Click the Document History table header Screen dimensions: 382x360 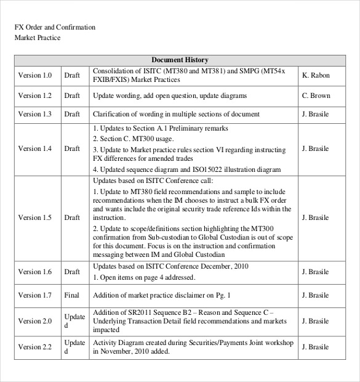pyautogui.click(x=180, y=60)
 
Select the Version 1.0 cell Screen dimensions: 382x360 pyautogui.click(x=35, y=76)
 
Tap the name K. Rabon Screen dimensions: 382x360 pyautogui.click(x=316, y=76)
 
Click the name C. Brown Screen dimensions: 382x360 pyautogui.click(x=316, y=96)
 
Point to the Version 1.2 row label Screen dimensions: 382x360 pyautogui.click(x=35, y=96)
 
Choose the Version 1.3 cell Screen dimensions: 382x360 pyautogui.click(x=35, y=115)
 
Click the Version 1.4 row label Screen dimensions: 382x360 pyautogui.click(x=35, y=148)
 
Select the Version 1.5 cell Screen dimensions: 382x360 pyautogui.click(x=35, y=217)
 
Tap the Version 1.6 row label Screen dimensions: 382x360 pyautogui.click(x=35, y=272)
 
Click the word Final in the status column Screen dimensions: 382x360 pyautogui.click(x=72, y=296)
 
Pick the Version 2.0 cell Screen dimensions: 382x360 pyautogui.click(x=35, y=321)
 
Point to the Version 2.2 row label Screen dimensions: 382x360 pyautogui.click(x=35, y=347)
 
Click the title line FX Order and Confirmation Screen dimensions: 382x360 pyautogui.click(x=55, y=28)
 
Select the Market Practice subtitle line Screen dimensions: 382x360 pyautogui.click(x=38, y=38)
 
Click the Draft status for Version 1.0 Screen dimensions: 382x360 pyautogui.click(x=72, y=76)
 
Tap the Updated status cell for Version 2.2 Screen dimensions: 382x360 pyautogui.click(x=74, y=347)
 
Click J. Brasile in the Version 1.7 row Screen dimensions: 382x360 pyautogui.click(x=316, y=296)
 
